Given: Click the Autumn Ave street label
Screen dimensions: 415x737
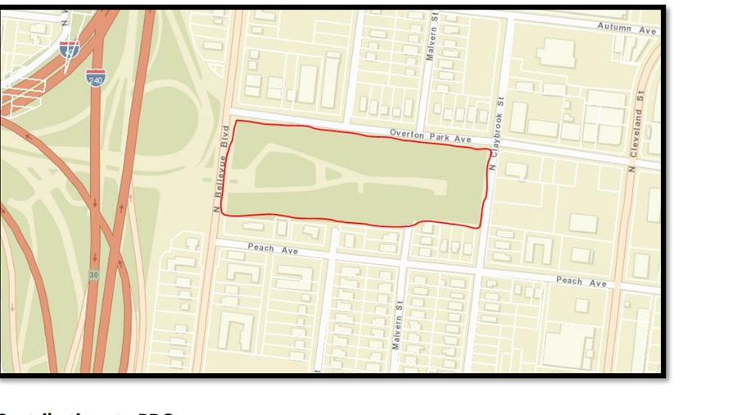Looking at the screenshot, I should pyautogui.click(x=626, y=29).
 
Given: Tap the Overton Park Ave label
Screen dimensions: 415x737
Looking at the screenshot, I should pyautogui.click(x=430, y=136).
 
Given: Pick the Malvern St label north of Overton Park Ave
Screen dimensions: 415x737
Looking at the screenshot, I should pyautogui.click(x=432, y=38).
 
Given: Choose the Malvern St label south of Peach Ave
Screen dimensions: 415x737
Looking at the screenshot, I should pyautogui.click(x=398, y=325).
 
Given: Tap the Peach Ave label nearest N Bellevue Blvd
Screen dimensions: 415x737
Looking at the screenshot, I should pyautogui.click(x=273, y=249).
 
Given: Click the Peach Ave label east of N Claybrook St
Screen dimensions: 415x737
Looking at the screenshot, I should pyautogui.click(x=581, y=281).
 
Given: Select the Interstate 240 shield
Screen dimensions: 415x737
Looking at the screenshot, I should pyautogui.click(x=95, y=78).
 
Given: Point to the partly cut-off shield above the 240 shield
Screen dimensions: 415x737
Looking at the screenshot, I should pyautogui.click(x=70, y=48).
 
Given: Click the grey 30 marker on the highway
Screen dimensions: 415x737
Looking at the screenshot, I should pyautogui.click(x=94, y=275).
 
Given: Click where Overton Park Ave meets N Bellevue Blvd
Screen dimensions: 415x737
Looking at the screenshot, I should pyautogui.click(x=230, y=114).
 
